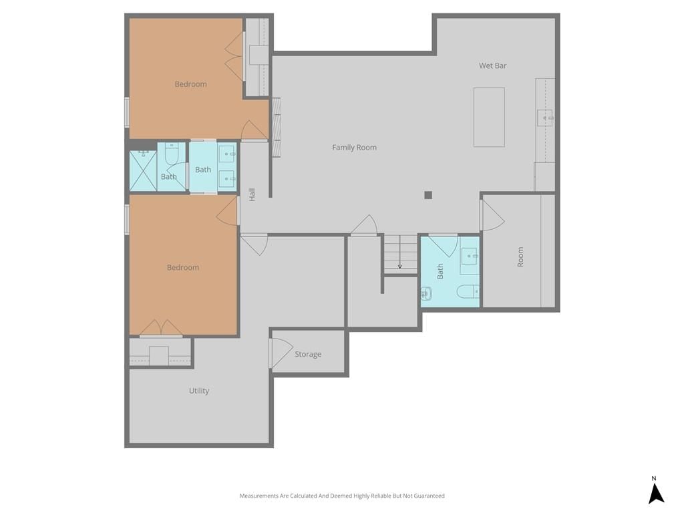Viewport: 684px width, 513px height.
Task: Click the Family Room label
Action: point(354,148)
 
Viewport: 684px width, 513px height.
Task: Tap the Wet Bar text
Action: point(492,66)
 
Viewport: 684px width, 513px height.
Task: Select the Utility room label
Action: point(199,391)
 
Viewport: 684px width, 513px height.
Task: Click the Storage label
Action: point(308,354)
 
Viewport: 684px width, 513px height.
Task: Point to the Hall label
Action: point(252,194)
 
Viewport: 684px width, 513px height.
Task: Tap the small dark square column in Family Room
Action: point(428,195)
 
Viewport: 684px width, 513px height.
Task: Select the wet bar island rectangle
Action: point(489,118)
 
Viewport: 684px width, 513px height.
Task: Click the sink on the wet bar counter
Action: point(545,118)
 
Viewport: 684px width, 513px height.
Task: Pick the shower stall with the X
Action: point(143,170)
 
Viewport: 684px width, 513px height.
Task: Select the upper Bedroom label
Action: point(190,84)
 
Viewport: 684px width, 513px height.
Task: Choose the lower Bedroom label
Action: point(183,267)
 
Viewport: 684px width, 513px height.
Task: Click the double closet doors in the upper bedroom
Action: point(234,56)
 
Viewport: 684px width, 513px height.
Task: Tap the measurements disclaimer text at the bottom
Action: point(342,496)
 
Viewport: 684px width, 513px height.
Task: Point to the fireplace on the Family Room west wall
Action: point(276,127)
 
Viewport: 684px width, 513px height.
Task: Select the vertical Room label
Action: point(520,257)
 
